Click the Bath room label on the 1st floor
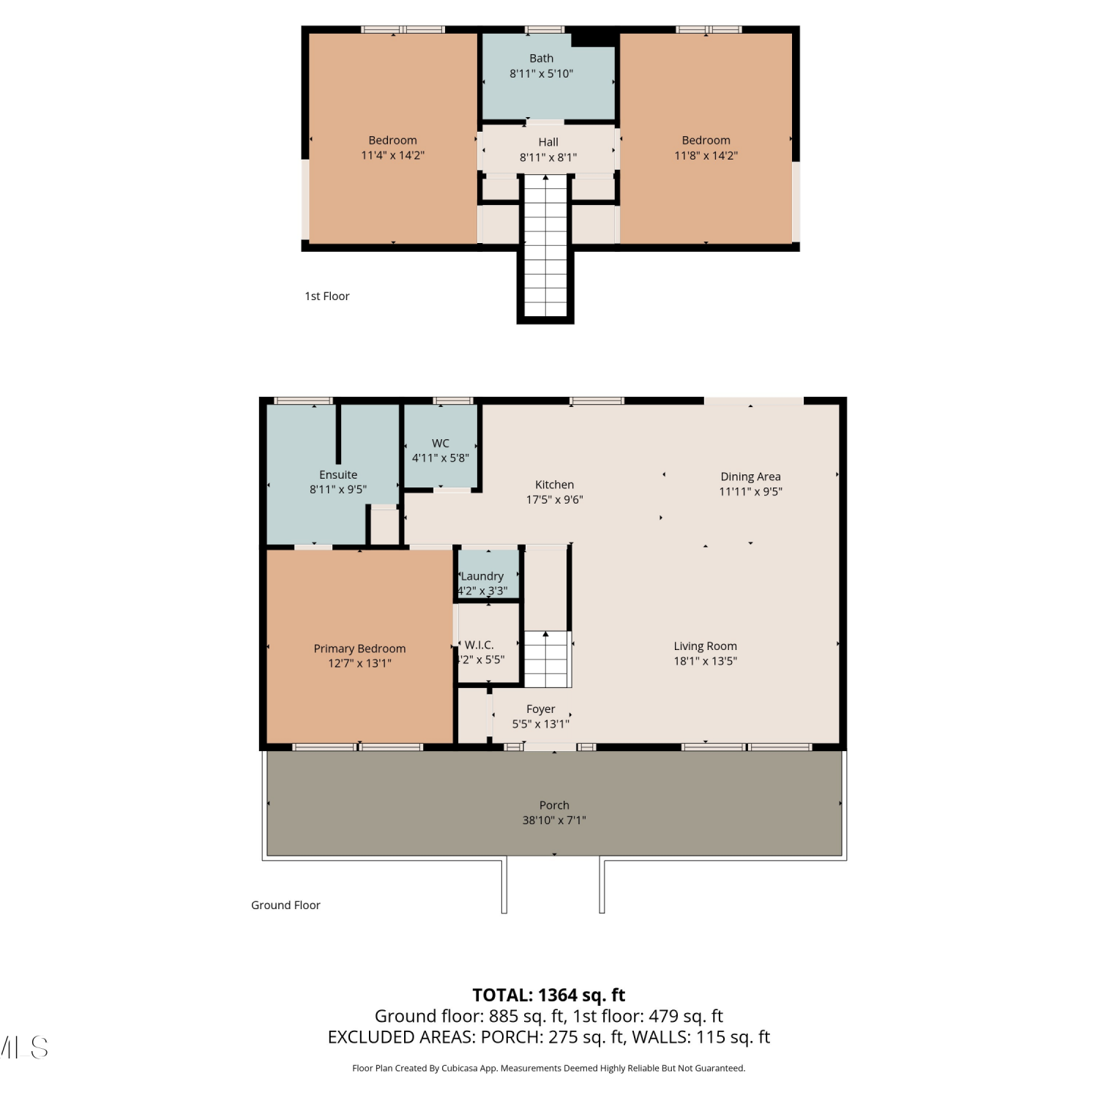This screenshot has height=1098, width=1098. click(x=541, y=59)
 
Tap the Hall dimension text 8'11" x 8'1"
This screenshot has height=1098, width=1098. click(x=548, y=157)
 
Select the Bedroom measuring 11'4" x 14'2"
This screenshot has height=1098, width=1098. click(x=393, y=139)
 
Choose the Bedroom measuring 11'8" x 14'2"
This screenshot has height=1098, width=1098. click(x=706, y=139)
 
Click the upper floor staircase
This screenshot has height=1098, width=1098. click(x=545, y=246)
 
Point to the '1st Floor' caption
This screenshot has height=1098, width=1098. click(x=327, y=296)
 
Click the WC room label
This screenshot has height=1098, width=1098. click(x=441, y=443)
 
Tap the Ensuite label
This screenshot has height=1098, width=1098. click(x=338, y=475)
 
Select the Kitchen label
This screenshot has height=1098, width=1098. click(x=555, y=485)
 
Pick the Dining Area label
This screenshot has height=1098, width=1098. click(x=750, y=477)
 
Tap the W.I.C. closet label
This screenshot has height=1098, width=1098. click(x=479, y=645)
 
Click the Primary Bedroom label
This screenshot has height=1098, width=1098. click(x=359, y=649)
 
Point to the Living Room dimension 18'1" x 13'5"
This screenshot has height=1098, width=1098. click(x=706, y=661)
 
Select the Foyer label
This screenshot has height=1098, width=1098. click(x=541, y=709)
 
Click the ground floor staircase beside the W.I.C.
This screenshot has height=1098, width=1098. click(x=547, y=659)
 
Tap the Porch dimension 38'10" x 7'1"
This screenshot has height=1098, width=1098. click(x=554, y=820)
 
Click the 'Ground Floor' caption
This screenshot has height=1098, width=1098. click(x=285, y=905)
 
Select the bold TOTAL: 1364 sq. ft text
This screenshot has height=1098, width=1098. click(x=549, y=996)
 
